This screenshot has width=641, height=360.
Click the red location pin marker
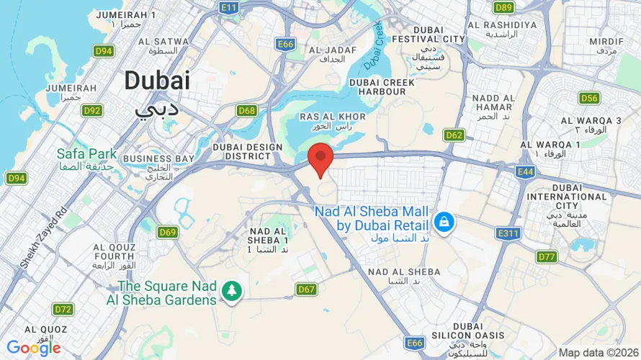pos(320,158)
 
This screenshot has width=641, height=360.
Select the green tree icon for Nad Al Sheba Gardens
pos(233,291)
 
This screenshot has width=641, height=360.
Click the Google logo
pos(34,348)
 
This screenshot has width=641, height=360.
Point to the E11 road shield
pos(229,7)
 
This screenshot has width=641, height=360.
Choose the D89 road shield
pos(504,7)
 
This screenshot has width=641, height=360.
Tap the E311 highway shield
pos(508,233)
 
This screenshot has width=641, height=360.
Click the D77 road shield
pos(547,256)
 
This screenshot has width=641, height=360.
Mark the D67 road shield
pos(307,289)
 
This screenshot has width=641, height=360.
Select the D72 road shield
pos(63,310)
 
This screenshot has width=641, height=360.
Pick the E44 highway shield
pos(525,171)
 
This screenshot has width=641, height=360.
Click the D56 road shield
pos(589,98)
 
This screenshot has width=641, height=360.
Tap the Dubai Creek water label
pos(375,45)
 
